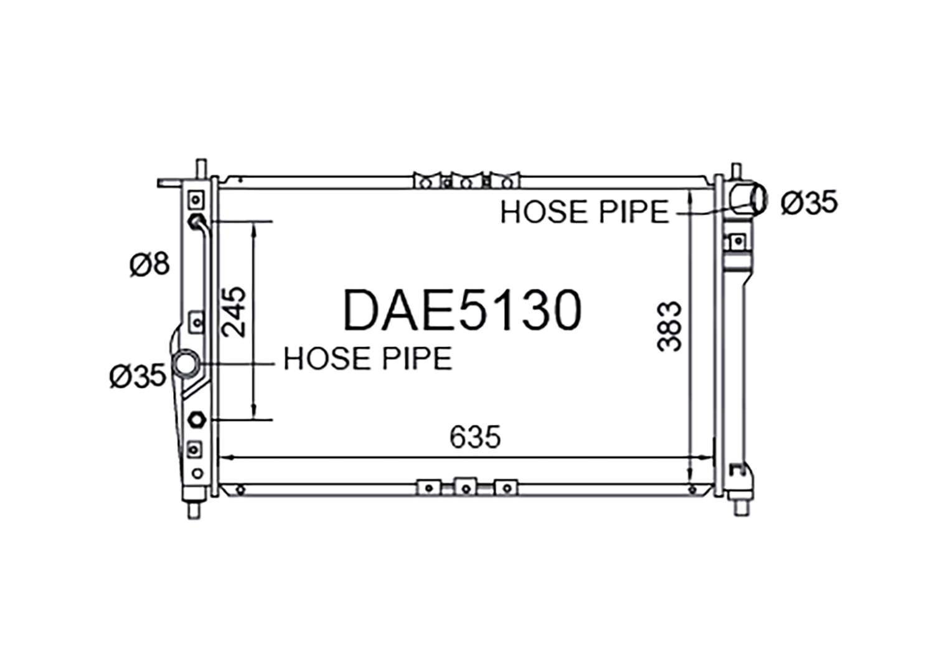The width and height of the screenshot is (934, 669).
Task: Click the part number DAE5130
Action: tap(462, 310)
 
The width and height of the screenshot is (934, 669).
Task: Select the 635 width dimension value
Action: tap(475, 437)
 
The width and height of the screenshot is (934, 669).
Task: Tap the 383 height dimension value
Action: tap(669, 327)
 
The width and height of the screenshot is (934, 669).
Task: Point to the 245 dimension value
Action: tap(234, 312)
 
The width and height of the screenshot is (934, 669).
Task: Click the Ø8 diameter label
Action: tap(149, 263)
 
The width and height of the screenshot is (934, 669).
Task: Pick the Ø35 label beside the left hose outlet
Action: tap(138, 375)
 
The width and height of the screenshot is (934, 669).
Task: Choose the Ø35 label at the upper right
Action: tap(809, 202)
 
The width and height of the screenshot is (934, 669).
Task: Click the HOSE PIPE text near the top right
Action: tap(585, 212)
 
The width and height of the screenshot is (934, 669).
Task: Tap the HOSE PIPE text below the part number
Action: tap(368, 358)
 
